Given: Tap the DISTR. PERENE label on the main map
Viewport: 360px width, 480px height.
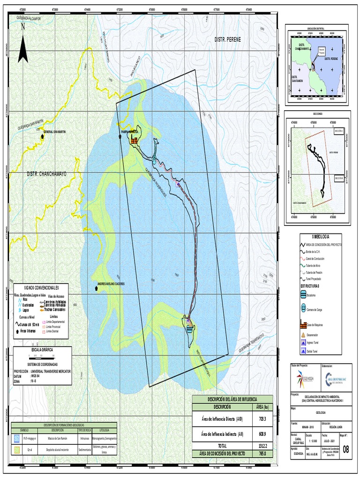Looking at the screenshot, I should point(227,39).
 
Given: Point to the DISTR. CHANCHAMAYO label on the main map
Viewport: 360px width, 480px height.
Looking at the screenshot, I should point(47,174).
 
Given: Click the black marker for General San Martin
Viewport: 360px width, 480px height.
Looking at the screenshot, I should point(41,133).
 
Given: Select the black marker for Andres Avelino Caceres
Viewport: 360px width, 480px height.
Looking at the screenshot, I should point(96,289).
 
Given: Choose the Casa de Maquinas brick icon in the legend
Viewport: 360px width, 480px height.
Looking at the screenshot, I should point(303,324).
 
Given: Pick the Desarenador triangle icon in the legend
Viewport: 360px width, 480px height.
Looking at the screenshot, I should point(303,335).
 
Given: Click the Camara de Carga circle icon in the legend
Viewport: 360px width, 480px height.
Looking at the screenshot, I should point(303,309).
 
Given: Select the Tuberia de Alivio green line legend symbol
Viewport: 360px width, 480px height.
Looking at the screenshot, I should point(303,264).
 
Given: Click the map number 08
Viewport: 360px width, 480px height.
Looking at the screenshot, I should point(346,450).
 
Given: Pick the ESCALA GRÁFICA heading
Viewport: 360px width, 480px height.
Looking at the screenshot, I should point(42,350).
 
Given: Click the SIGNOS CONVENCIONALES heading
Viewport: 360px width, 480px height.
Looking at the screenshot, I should point(43,287).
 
